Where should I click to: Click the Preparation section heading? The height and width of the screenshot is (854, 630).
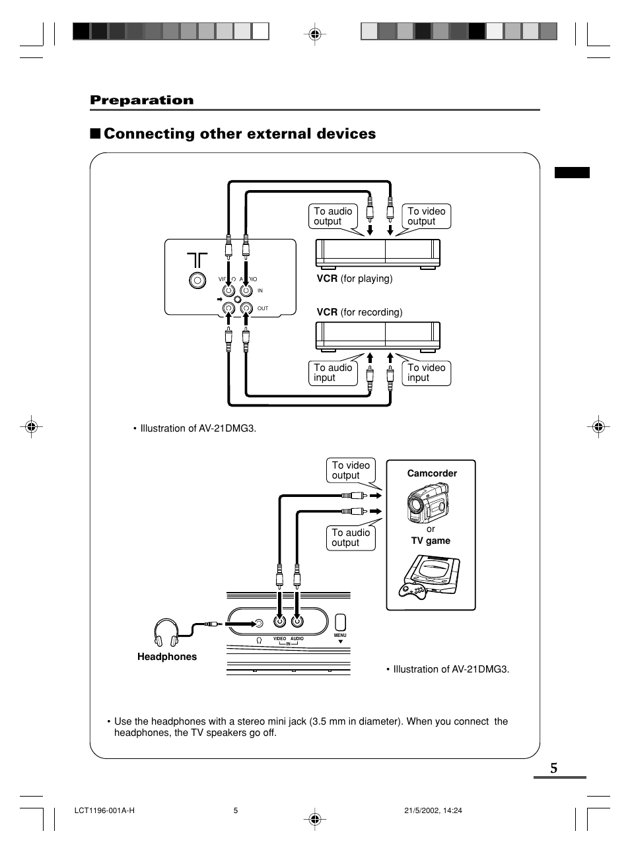click(142, 100)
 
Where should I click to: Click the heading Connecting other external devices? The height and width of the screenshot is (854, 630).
click(239, 134)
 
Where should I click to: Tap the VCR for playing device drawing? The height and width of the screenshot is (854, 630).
click(378, 253)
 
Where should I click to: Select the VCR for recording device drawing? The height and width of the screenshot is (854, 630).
click(378, 337)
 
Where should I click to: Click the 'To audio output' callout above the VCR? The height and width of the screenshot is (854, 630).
click(332, 216)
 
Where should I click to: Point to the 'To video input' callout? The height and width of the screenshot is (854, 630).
click(426, 373)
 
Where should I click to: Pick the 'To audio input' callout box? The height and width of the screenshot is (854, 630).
click(332, 373)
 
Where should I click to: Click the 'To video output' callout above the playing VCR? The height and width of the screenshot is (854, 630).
click(426, 216)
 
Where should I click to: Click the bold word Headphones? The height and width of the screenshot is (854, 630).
click(167, 657)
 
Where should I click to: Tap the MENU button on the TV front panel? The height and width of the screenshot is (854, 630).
click(340, 622)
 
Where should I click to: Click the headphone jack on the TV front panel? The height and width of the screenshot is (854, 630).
click(259, 622)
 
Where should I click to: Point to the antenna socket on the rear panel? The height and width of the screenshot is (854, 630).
click(196, 280)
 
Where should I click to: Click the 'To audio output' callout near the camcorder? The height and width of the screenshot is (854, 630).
click(350, 538)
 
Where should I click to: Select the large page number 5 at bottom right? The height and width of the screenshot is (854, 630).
click(553, 768)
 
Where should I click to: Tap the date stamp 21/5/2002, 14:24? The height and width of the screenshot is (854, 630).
click(433, 811)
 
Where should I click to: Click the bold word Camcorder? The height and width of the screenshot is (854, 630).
click(432, 473)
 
